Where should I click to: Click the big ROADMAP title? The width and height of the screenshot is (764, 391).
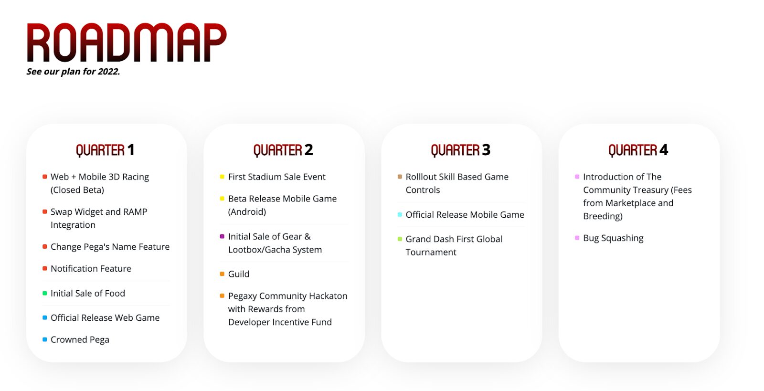[127, 42]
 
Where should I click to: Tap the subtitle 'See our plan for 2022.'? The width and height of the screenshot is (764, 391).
[74, 72]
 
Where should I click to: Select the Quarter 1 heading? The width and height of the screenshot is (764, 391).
[105, 150]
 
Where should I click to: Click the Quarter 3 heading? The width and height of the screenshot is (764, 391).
[460, 150]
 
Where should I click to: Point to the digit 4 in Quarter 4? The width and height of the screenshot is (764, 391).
[664, 149]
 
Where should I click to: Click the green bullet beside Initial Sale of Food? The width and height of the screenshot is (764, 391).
[45, 293]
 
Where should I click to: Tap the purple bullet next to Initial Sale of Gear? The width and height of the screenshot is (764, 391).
[222, 236]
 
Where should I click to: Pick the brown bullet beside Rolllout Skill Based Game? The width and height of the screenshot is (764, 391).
[400, 177]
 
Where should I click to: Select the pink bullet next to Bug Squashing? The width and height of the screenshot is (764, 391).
[577, 238]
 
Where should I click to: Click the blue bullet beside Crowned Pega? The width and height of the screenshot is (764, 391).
[45, 339]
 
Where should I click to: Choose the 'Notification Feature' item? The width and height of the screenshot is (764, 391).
[91, 269]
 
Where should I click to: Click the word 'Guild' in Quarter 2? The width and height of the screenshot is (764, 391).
[239, 274]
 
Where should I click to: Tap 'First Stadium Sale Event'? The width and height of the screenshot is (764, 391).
[276, 177]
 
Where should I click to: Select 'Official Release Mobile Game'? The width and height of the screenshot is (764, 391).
[465, 215]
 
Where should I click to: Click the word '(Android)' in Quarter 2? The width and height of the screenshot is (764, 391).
[247, 212]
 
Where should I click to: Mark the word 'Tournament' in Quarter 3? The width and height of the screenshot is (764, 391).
[431, 252]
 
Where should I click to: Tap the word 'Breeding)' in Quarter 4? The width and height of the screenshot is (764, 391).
[603, 216]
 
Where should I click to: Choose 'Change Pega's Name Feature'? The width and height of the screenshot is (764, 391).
[110, 247]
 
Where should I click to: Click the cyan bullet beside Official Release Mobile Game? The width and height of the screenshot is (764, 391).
[400, 214]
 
